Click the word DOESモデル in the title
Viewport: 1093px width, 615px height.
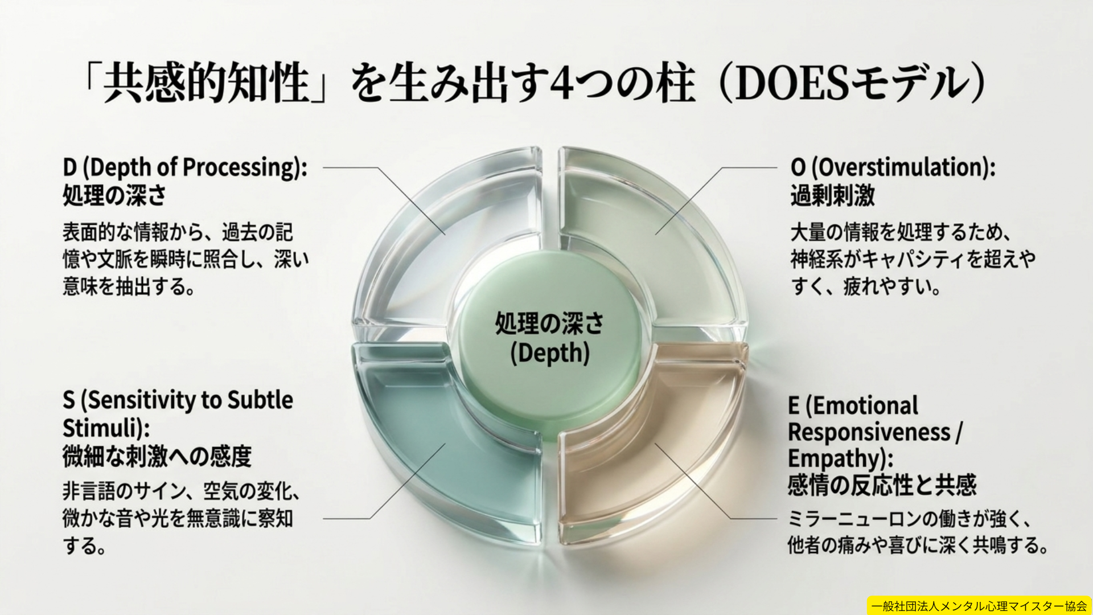[x=850, y=84]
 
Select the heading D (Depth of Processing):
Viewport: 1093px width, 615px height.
[x=185, y=167]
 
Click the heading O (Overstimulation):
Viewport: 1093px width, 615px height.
[x=893, y=167]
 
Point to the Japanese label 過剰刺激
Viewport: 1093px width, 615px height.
[x=833, y=195]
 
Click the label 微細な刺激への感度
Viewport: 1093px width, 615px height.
[x=157, y=456]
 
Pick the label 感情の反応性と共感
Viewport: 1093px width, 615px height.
[x=882, y=485]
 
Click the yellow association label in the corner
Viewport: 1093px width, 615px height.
[x=979, y=606]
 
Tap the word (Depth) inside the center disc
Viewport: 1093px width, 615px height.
[x=550, y=353]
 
